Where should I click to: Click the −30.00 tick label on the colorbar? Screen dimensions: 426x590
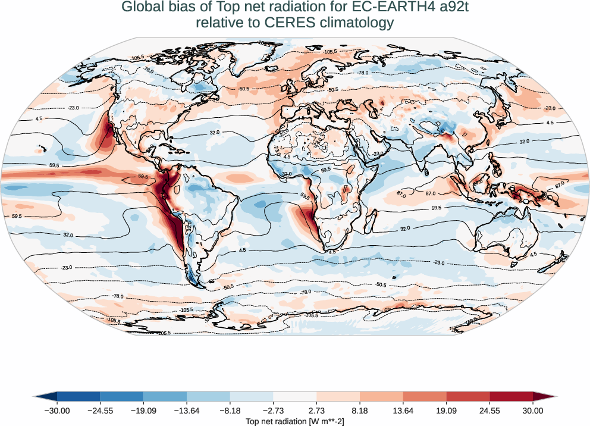[x=57, y=411]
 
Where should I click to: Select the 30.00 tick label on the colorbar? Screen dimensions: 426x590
[x=533, y=411]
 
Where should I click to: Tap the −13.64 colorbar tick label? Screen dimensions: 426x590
[x=187, y=411]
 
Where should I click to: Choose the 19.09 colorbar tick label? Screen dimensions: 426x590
[x=446, y=411]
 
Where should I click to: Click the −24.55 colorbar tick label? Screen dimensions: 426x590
[x=100, y=411]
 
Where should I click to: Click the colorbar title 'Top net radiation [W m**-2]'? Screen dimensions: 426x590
[x=295, y=421]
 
